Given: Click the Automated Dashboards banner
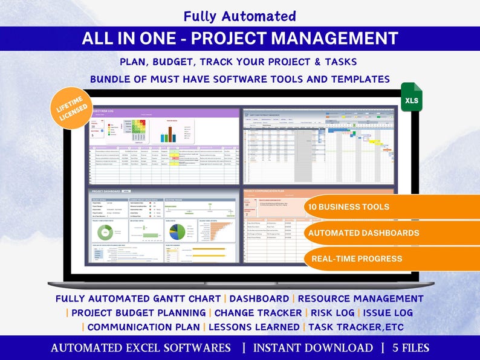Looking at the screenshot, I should pos(363,233).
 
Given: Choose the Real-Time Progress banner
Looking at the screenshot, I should pos(356,259).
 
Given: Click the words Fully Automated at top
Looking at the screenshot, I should pos(240,16).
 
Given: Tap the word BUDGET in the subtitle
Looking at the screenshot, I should pos(176,62).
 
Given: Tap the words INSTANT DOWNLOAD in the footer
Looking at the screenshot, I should pos(313,348).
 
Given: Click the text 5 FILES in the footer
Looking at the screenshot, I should pos(410,348).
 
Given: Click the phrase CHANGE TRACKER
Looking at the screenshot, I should pos(258,313).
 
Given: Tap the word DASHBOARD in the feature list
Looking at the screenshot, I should pos(259,298).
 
